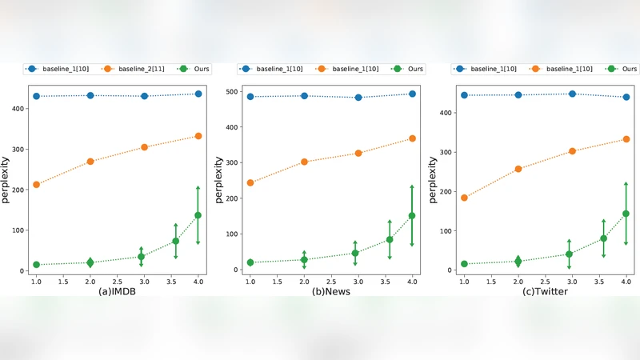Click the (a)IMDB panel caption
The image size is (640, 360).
click(x=117, y=293)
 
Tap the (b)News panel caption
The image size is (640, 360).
click(x=331, y=293)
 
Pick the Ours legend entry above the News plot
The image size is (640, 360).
click(x=409, y=70)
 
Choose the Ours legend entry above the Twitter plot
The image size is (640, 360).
click(x=622, y=70)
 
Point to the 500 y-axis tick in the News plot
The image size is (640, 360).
click(x=230, y=91)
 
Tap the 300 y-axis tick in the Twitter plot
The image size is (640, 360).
click(x=444, y=152)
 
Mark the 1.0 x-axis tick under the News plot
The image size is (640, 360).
click(x=250, y=282)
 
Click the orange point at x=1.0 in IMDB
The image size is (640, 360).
click(x=36, y=185)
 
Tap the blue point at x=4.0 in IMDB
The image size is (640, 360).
click(x=198, y=94)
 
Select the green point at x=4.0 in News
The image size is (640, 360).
click(x=412, y=215)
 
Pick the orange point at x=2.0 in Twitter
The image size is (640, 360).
click(x=518, y=169)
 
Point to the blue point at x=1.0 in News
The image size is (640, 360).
click(x=250, y=97)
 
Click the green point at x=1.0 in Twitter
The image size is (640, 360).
click(x=464, y=264)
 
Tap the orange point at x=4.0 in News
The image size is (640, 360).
click(x=412, y=138)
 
